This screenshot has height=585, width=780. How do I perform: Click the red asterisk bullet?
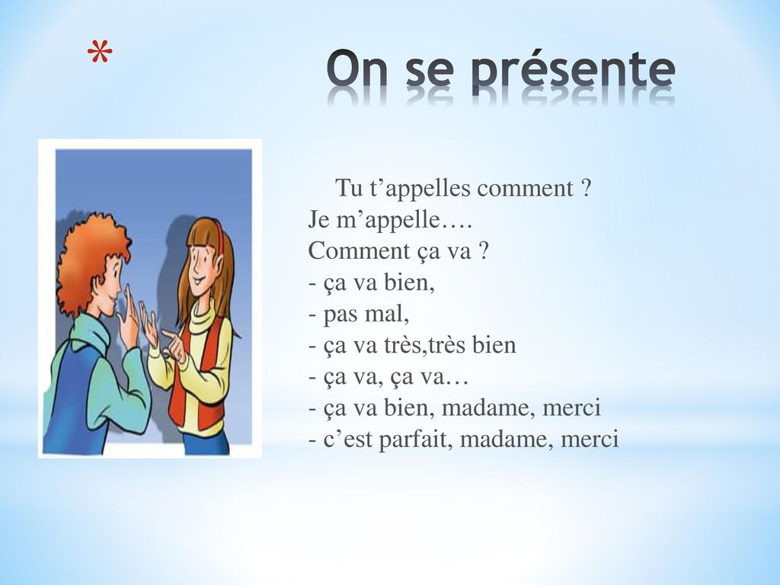(x=100, y=53)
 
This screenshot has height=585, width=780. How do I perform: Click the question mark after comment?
(x=585, y=189)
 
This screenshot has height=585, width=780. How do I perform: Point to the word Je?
(x=318, y=219)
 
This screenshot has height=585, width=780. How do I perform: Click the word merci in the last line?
(x=590, y=439)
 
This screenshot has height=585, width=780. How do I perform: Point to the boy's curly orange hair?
(x=91, y=260)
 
